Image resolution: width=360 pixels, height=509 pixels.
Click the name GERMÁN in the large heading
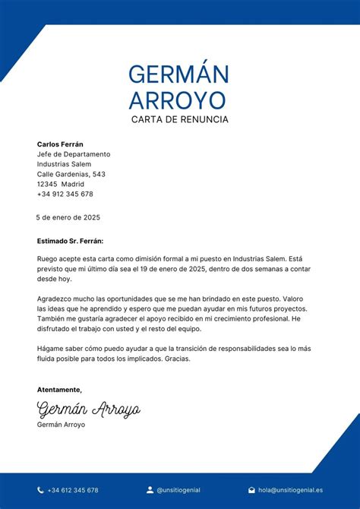pyautogui.click(x=178, y=74)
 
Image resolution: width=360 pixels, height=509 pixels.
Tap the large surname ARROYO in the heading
pyautogui.click(x=177, y=100)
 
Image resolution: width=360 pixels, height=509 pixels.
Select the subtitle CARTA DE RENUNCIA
pyautogui.click(x=179, y=119)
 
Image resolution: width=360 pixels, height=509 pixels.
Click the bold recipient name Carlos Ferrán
pyautogui.click(x=60, y=144)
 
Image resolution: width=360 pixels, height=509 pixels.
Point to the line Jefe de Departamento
pyautogui.click(x=73, y=154)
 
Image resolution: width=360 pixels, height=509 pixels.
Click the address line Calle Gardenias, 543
pyautogui.click(x=71, y=174)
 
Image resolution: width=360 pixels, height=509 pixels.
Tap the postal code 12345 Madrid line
pyautogui.click(x=60, y=184)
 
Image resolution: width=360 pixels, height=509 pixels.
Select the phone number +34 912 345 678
pyautogui.click(x=65, y=194)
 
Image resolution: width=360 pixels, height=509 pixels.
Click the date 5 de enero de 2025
pyautogui.click(x=68, y=217)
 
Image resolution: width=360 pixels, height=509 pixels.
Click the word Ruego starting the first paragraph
pyautogui.click(x=47, y=259)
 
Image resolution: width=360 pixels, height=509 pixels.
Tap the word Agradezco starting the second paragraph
pyautogui.click(x=54, y=299)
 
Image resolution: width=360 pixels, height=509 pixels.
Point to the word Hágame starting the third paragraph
pyautogui.click(x=50, y=349)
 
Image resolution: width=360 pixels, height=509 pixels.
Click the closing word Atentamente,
pyautogui.click(x=59, y=390)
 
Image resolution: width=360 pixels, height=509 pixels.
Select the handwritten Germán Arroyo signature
pyautogui.click(x=89, y=409)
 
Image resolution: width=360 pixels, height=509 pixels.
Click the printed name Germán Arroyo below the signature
pyautogui.click(x=61, y=425)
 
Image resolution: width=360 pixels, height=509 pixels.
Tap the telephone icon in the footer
pyautogui.click(x=40, y=490)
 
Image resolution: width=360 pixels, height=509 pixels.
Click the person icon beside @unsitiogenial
pyautogui.click(x=150, y=490)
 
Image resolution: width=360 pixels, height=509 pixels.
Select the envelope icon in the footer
pyautogui.click(x=251, y=490)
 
